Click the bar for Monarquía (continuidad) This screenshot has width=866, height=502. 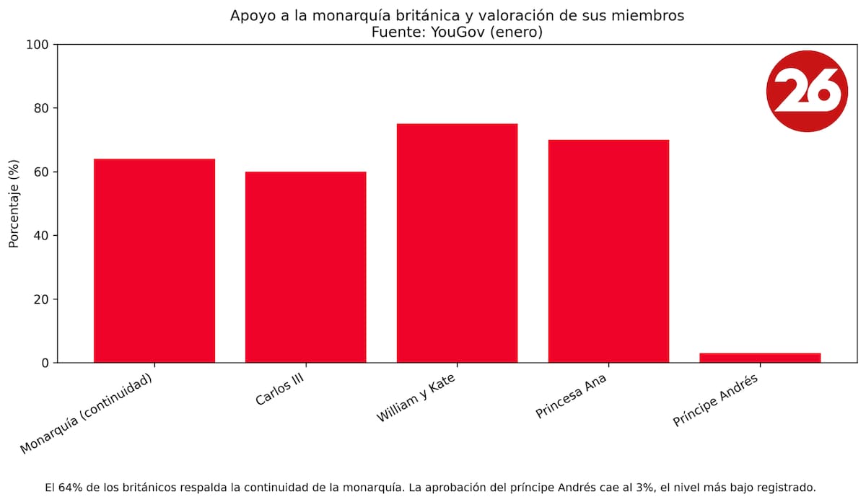[154, 260]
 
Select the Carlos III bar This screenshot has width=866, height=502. [306, 267]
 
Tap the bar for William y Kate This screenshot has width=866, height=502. [457, 243]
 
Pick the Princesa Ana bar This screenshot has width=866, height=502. [608, 251]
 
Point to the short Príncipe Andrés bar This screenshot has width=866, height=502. [760, 358]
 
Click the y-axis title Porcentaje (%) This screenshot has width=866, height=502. [14, 203]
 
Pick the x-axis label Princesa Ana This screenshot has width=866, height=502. [572, 397]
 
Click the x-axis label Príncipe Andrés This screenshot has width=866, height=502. [715, 400]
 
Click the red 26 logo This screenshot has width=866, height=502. [806, 91]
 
